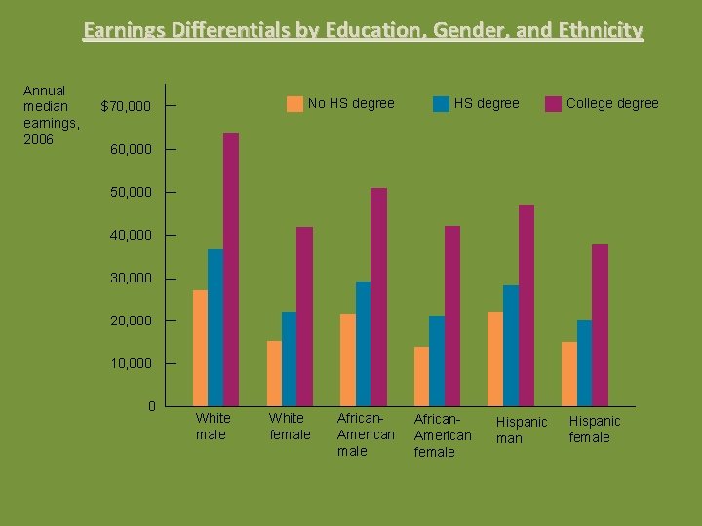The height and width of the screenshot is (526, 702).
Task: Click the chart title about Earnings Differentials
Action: [363, 31]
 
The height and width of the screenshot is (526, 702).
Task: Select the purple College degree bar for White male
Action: [231, 269]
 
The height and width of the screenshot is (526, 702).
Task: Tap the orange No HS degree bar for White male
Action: [200, 348]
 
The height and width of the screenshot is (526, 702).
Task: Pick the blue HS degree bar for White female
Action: [289, 358]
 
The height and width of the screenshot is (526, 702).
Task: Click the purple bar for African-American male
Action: [378, 296]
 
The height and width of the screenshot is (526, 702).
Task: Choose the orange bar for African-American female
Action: [421, 376]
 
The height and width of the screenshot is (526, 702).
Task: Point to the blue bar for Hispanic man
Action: [511, 345]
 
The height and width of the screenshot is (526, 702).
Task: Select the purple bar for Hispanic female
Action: [600, 324]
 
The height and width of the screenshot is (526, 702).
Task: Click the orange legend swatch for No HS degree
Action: [294, 104]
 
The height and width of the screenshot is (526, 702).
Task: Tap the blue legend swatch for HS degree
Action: [441, 104]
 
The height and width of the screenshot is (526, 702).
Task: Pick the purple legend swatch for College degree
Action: [553, 104]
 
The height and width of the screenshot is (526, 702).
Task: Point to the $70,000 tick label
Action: [126, 106]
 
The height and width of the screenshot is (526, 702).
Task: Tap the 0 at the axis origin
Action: [151, 405]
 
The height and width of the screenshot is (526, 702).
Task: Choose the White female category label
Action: [290, 427]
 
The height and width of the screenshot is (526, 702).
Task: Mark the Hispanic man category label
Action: [522, 430]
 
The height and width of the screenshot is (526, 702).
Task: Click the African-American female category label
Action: [442, 434]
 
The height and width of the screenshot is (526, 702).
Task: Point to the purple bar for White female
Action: [304, 316]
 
